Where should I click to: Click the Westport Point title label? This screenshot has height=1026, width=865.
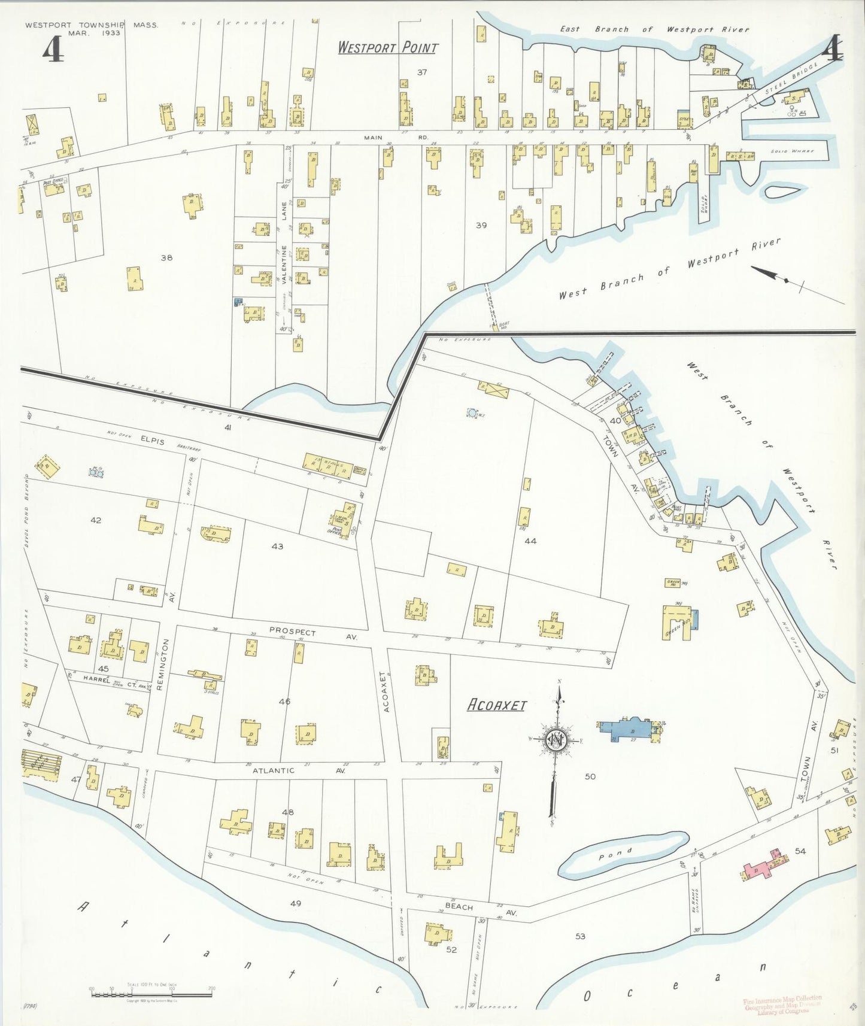(x=387, y=47)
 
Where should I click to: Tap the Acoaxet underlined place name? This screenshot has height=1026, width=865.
(x=496, y=705)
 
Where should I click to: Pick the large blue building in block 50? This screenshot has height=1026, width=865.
(x=626, y=729)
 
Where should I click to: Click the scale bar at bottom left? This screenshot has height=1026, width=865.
(x=151, y=995)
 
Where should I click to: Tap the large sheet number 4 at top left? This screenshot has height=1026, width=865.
(x=53, y=49)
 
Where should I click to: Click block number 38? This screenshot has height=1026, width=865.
(x=166, y=257)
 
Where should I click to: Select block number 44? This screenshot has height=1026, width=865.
(x=530, y=541)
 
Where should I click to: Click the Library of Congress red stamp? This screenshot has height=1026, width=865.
(x=782, y=1006)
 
